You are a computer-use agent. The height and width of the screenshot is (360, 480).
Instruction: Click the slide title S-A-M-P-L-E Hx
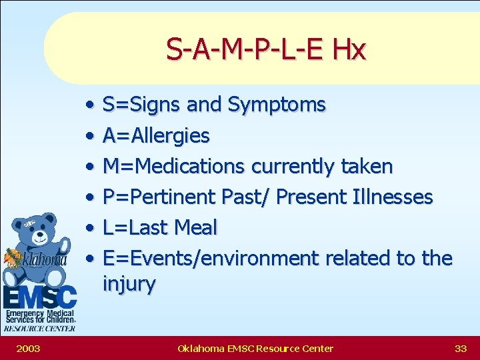click(x=266, y=49)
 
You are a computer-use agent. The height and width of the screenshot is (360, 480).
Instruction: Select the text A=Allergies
click(x=156, y=136)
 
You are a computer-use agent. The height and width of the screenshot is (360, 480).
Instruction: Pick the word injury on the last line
click(x=129, y=284)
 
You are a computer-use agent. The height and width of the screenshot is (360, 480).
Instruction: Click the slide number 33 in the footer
click(x=460, y=348)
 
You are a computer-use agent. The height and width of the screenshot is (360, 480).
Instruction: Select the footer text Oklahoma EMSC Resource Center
click(x=255, y=348)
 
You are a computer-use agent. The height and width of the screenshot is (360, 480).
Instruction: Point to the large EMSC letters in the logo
click(x=39, y=297)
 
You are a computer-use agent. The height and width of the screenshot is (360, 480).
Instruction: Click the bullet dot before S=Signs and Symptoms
click(x=89, y=105)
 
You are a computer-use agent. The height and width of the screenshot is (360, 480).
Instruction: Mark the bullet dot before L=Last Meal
click(x=89, y=229)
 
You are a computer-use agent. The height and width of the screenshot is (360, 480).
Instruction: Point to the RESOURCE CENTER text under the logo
click(x=39, y=328)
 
